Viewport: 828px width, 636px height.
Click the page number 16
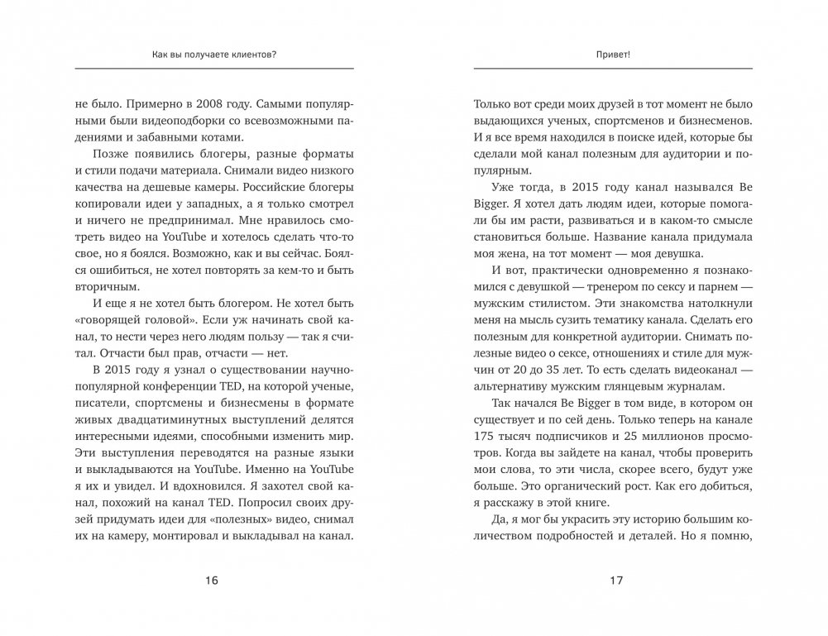[212, 581]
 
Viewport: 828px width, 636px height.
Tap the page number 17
[615, 581]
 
